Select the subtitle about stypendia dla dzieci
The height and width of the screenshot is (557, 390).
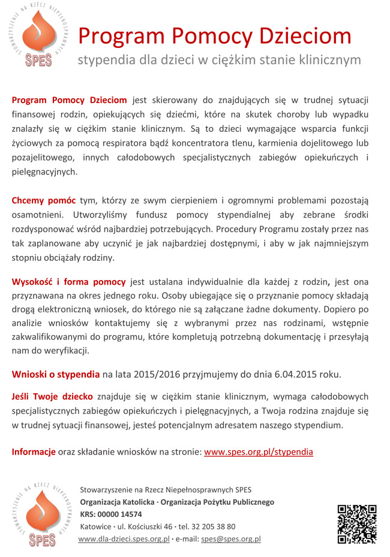pos(219,60)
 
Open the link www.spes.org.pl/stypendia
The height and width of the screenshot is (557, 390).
pos(258,451)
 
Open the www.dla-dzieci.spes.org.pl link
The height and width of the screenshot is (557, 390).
pos(124,538)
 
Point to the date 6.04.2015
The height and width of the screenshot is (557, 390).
pos(298,374)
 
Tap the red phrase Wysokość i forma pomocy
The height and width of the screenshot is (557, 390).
pos(69,281)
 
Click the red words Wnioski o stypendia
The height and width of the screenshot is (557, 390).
pos(56,374)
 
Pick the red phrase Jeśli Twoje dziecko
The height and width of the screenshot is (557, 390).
pos(52,396)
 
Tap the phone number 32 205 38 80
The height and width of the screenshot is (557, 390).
pos(214,526)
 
